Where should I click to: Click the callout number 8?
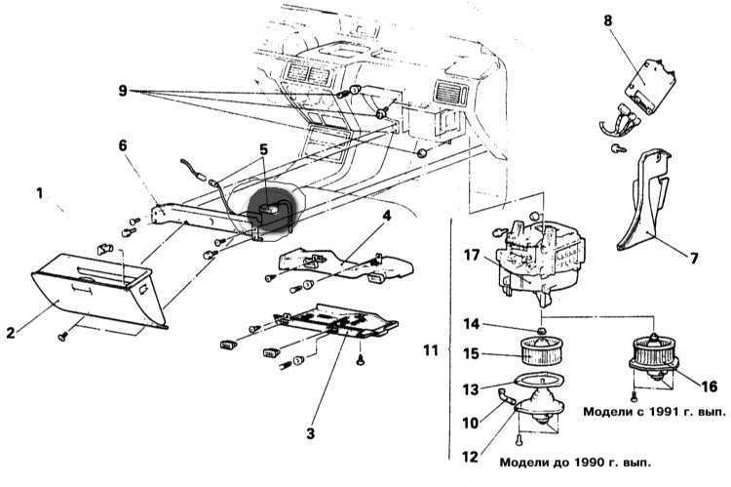tap(607, 21)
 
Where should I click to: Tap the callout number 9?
tap(123, 90)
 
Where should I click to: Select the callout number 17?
tap(472, 256)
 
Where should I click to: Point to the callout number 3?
tap(311, 433)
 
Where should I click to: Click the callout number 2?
tap(11, 333)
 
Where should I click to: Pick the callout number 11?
tap(431, 349)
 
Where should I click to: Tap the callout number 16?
tap(710, 386)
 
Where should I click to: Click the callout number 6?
tap(122, 145)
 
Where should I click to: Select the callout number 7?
tap(694, 258)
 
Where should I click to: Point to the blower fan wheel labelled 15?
tap(542, 351)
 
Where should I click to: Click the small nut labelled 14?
tap(542, 331)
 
